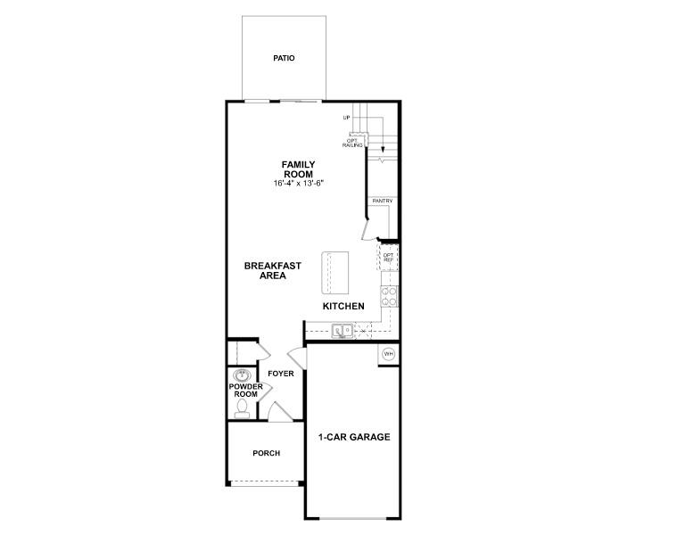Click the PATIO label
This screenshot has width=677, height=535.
point(284,59)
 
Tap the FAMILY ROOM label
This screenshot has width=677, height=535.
point(299,169)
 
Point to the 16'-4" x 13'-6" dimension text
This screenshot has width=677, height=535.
point(299,184)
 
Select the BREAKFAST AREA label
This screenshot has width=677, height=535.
point(272,271)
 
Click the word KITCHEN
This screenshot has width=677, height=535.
point(343,307)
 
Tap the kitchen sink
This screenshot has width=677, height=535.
point(343,331)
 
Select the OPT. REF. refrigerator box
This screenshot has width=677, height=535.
point(389,259)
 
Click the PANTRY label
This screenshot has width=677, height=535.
point(383,202)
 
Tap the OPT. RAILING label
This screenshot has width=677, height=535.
point(355,142)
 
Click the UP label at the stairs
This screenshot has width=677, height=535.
point(346,118)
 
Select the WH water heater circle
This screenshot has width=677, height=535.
point(388,354)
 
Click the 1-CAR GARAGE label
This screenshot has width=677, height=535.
point(354,438)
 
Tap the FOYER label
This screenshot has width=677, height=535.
point(280,374)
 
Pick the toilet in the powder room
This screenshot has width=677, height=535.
point(241,408)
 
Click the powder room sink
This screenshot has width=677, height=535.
point(241,375)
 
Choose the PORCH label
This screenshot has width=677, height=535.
point(266,454)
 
